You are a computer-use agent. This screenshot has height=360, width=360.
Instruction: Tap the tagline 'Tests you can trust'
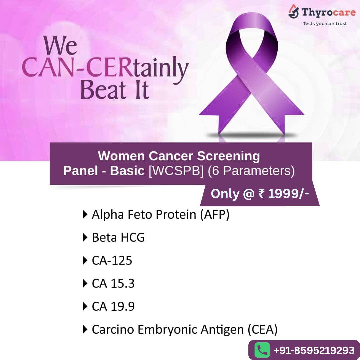coord(324,24)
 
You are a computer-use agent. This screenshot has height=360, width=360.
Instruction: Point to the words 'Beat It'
coord(114,90)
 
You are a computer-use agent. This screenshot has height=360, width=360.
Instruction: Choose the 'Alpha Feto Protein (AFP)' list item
coord(160,215)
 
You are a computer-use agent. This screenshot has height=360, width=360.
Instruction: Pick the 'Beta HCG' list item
coord(118,238)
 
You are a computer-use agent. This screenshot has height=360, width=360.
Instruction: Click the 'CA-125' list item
coord(112,261)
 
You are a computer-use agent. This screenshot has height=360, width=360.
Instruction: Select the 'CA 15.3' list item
coord(113,284)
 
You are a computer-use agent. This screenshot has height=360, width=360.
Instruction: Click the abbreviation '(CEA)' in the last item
coord(262,329)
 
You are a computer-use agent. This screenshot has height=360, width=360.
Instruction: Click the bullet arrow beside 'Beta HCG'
coord(85,238)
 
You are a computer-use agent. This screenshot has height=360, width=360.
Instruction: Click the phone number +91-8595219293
coord(314,350)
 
